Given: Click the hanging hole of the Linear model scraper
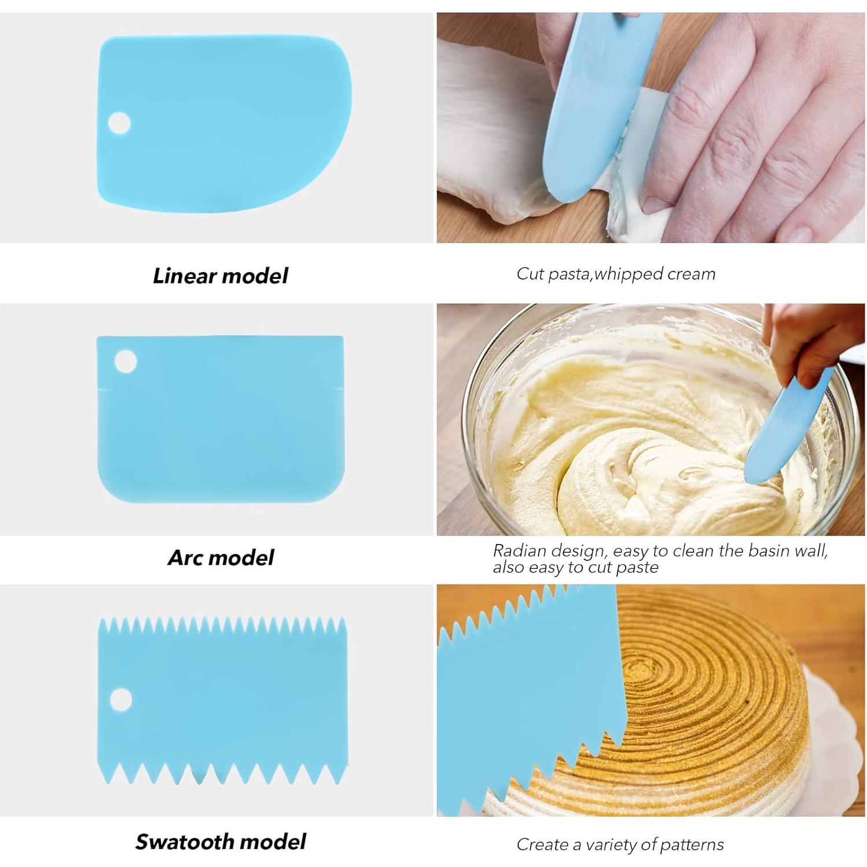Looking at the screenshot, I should coord(119,123).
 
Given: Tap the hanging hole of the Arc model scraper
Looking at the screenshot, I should coord(126,362).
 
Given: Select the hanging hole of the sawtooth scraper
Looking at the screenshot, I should coord(120,699).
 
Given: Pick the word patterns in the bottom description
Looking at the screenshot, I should coord(692,844).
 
